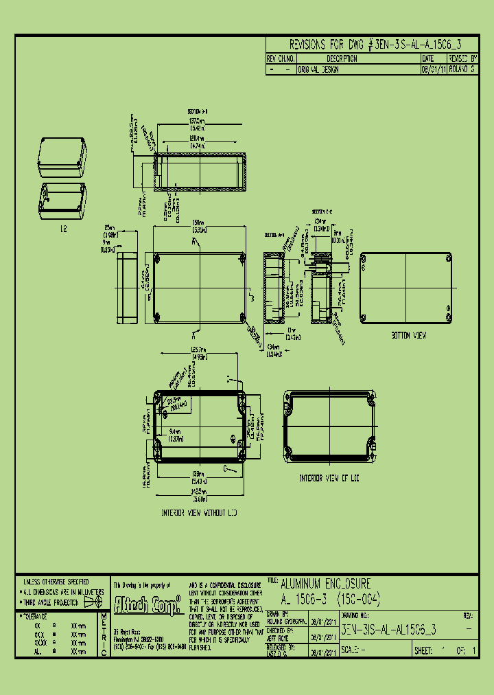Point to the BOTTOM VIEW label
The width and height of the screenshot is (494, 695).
click(409, 336)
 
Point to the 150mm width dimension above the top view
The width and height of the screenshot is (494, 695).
click(198, 223)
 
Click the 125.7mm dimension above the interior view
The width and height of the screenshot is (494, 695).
click(198, 351)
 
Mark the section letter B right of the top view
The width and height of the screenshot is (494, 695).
click(252, 299)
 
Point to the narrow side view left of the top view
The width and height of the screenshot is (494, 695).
click(128, 288)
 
